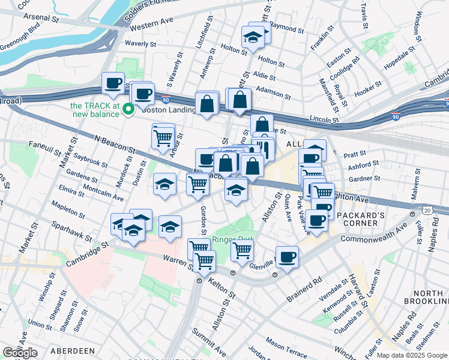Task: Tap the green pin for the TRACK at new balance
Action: [128, 109]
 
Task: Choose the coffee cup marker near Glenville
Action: [287, 257]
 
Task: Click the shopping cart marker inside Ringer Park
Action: [241, 249]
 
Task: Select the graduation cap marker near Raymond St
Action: [253, 38]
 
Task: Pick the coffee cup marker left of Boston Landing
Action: [112, 83]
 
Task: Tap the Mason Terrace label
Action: [287, 345]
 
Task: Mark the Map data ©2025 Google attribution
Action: [412, 355]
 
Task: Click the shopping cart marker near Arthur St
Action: [163, 137]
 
